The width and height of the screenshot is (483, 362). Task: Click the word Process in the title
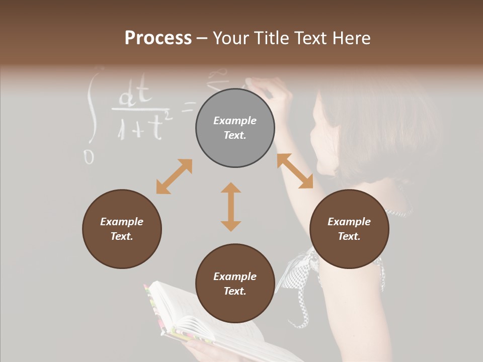[x=158, y=38]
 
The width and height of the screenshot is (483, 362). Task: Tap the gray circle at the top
[x=235, y=128]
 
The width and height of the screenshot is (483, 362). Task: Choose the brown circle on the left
[x=122, y=229]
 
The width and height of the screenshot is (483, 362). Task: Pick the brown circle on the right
[x=349, y=229]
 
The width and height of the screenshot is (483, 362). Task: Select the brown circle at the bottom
[x=235, y=284]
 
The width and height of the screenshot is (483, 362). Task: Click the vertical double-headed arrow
[x=231, y=207]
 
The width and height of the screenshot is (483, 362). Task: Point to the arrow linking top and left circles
[x=174, y=176]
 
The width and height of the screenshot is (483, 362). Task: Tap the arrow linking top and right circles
[x=295, y=171]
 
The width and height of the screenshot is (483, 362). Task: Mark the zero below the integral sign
[x=89, y=157]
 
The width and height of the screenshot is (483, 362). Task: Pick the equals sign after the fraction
[x=188, y=107]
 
